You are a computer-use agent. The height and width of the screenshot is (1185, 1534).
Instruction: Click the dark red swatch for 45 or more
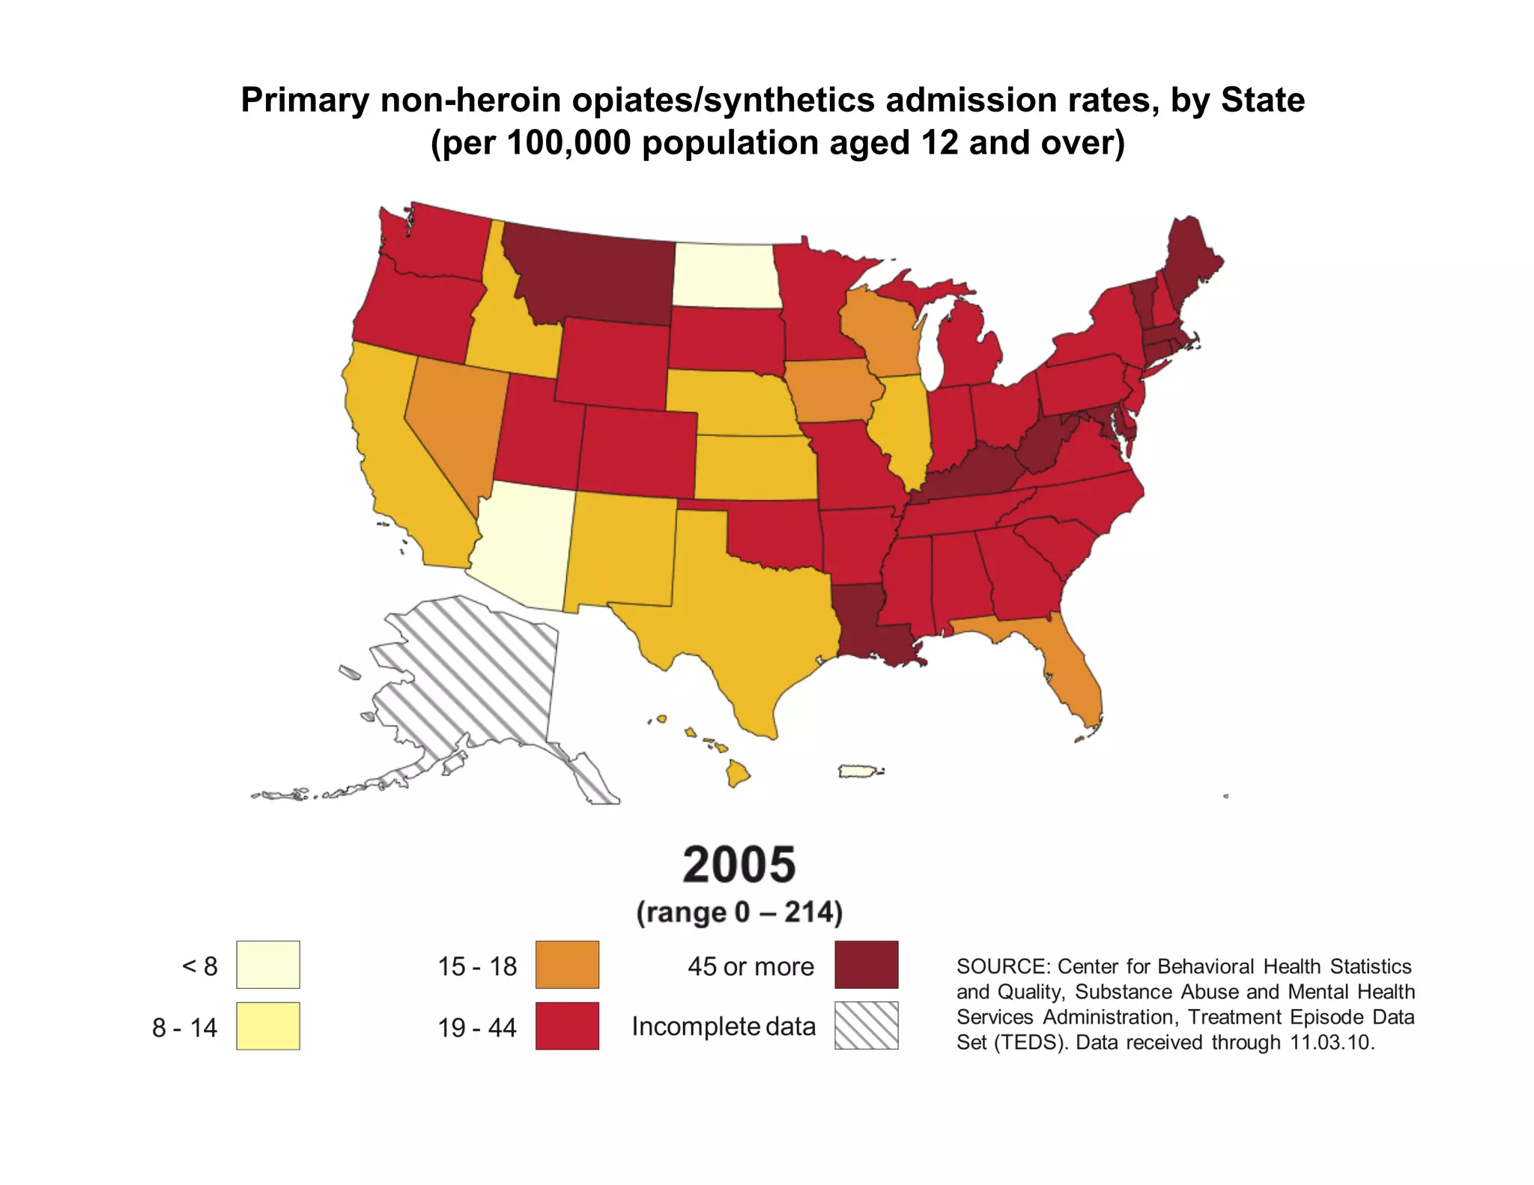pyautogui.click(x=866, y=965)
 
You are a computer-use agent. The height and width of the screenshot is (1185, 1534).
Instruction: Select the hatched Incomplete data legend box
pyautogui.click(x=866, y=1025)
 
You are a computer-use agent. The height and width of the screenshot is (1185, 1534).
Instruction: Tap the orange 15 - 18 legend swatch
pyautogui.click(x=567, y=965)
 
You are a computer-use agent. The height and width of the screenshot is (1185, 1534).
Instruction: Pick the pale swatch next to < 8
pyautogui.click(x=268, y=965)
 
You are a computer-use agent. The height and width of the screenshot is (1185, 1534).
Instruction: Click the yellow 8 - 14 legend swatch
pyautogui.click(x=268, y=1025)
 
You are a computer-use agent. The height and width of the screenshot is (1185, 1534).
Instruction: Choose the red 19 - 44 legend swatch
pyautogui.click(x=567, y=1025)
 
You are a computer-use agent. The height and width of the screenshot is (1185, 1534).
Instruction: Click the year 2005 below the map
pyautogui.click(x=739, y=864)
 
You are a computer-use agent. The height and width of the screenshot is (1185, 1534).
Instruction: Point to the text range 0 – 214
pyautogui.click(x=739, y=912)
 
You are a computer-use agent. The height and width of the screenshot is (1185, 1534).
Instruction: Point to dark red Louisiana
pyautogui.click(x=861, y=625)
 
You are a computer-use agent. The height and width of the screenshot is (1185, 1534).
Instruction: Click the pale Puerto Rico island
pyautogui.click(x=858, y=771)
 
